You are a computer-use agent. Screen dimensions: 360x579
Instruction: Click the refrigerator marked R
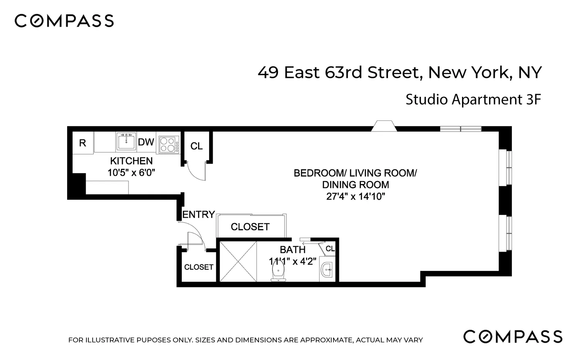(x=83, y=143)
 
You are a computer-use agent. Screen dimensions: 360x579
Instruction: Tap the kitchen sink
(x=126, y=142)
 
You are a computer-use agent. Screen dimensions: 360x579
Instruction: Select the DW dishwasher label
(x=146, y=142)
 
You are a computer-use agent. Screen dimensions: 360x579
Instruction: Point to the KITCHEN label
(x=131, y=161)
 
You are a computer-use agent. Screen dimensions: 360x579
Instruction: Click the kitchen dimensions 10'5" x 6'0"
(x=131, y=172)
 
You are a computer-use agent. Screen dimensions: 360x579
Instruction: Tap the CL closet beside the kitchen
(x=196, y=146)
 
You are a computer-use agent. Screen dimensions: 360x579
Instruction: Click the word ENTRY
(x=198, y=215)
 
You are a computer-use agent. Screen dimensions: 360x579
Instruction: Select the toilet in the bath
(x=278, y=270)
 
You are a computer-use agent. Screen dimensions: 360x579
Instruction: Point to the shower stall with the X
(x=238, y=261)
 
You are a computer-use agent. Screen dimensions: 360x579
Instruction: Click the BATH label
(x=293, y=250)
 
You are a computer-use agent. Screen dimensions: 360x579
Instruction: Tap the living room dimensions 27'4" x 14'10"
(x=356, y=196)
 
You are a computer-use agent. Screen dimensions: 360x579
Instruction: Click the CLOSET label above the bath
(x=250, y=227)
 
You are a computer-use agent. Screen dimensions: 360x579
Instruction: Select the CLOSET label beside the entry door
(x=199, y=267)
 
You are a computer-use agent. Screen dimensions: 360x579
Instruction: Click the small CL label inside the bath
(x=330, y=249)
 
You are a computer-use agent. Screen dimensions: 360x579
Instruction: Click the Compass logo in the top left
(x=64, y=21)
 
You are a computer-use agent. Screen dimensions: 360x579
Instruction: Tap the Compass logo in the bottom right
(x=513, y=336)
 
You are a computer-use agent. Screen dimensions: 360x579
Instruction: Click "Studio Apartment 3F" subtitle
(x=473, y=100)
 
